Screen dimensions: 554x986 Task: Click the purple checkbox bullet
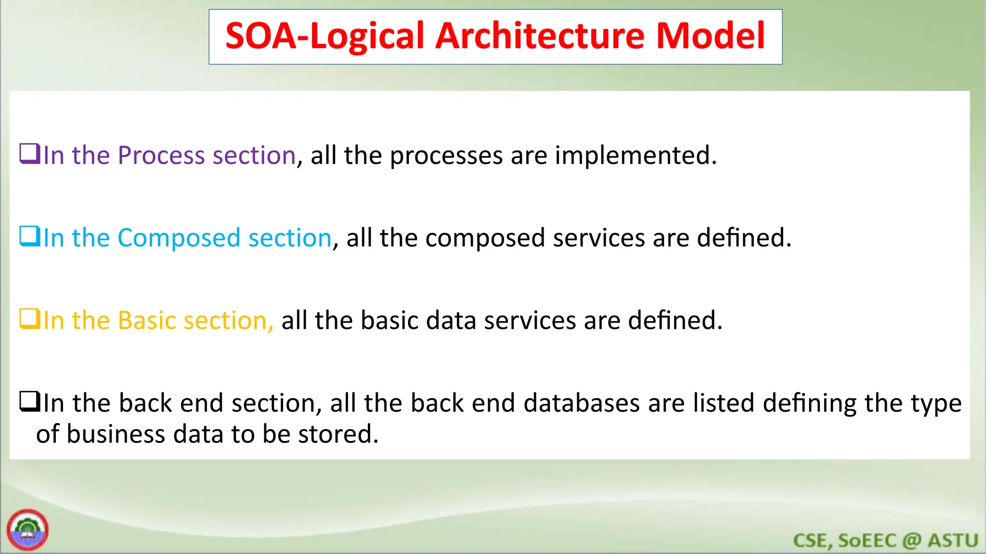click(x=29, y=154)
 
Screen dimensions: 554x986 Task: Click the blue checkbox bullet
click(x=29, y=236)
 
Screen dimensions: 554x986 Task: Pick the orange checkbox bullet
click(x=29, y=319)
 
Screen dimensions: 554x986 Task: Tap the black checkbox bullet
click(x=29, y=402)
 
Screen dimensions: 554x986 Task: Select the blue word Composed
click(x=179, y=238)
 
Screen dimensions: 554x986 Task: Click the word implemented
click(x=636, y=156)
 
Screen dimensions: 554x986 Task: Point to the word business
click(x=116, y=434)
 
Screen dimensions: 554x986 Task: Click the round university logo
click(x=27, y=530)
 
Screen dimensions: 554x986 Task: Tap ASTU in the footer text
click(x=953, y=541)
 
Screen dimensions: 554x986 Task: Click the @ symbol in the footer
click(x=912, y=541)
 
